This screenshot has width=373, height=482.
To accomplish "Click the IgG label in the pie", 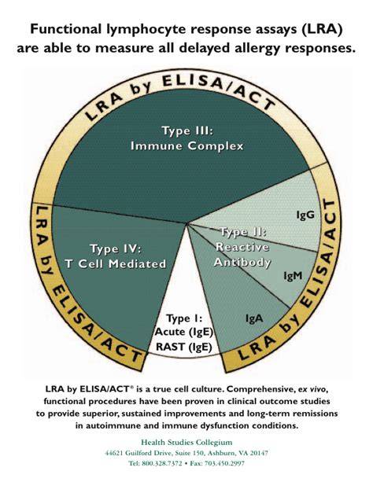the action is coord(305,215).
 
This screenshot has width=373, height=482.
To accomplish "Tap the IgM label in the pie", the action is coord(293,276).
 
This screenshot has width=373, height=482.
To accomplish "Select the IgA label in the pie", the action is coord(254,318).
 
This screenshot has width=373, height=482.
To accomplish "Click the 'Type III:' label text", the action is coord(187,131).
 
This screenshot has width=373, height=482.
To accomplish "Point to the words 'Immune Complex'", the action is coord(187,145).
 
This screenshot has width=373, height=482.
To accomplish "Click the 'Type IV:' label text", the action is coord(115,248).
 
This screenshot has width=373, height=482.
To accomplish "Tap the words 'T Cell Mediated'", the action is coord(116,263).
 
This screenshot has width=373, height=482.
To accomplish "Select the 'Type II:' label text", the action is coord(243,232).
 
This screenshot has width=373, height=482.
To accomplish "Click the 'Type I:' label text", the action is coord(184,318).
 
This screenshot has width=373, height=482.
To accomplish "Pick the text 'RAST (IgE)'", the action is coord(184,347).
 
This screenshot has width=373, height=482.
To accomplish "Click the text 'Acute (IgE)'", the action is coord(183,332).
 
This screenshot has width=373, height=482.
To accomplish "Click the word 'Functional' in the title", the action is coord(65,29).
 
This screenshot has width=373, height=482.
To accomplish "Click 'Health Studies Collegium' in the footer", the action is coord(186,443).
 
